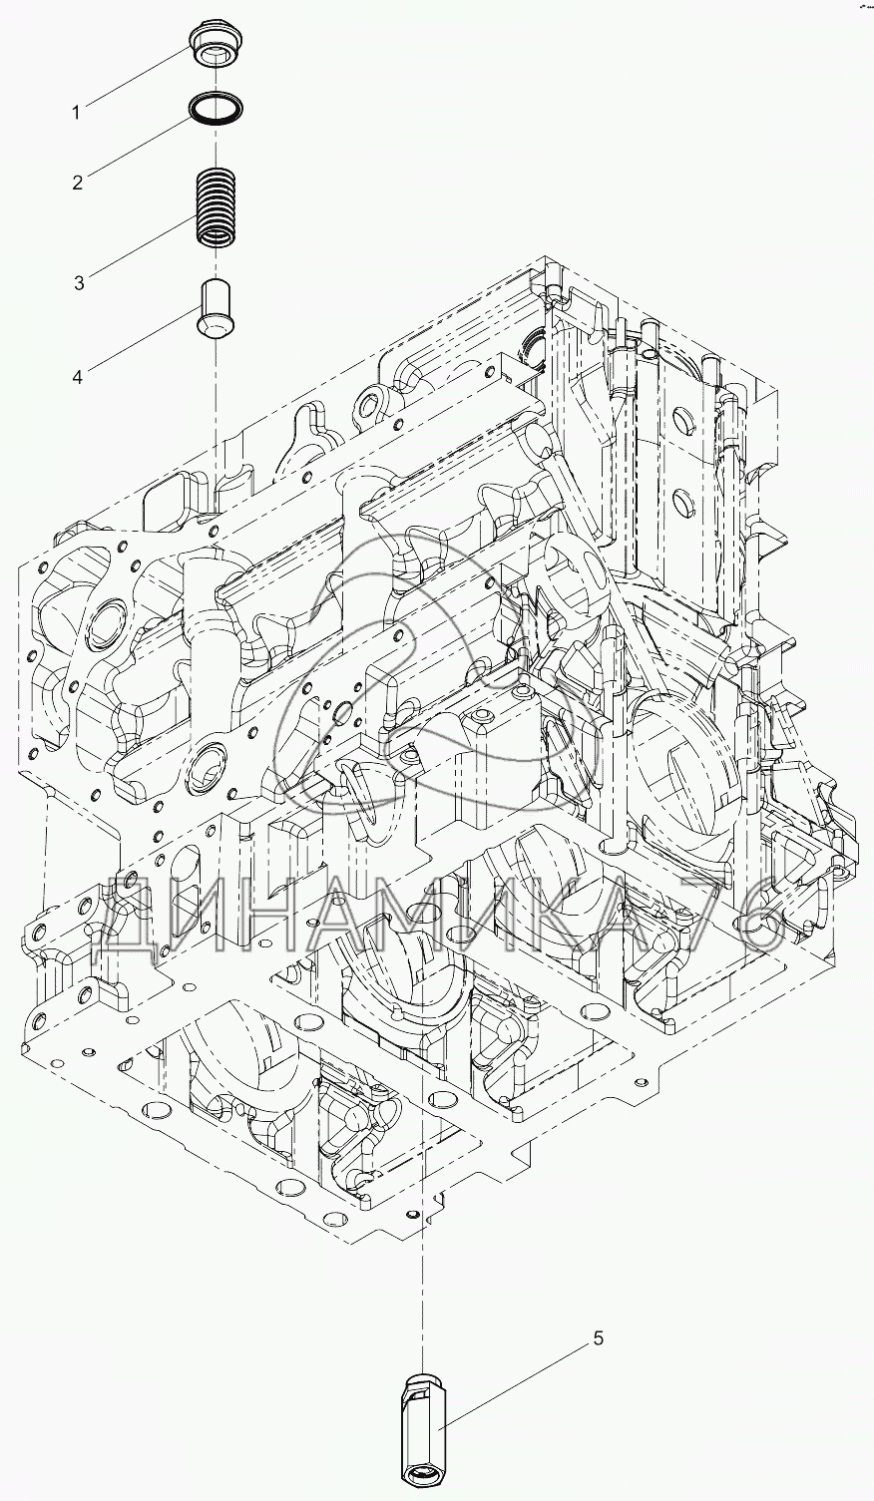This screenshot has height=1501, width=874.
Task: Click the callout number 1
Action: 76,113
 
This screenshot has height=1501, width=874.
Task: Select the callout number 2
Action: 76,183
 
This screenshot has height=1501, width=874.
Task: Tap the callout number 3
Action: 77,282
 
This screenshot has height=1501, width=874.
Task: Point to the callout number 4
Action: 77,376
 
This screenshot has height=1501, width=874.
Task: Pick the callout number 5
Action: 598,1338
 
